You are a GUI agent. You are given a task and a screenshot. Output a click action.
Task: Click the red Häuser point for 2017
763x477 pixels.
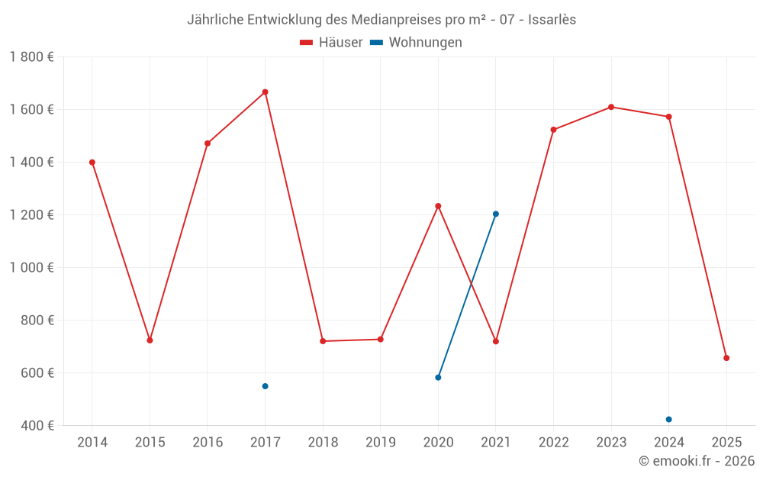265,92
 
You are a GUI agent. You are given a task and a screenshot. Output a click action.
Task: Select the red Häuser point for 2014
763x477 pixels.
92,163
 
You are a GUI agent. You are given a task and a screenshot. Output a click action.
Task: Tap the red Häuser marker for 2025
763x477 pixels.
726,358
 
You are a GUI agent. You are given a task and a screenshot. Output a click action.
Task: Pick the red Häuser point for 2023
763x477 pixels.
611,107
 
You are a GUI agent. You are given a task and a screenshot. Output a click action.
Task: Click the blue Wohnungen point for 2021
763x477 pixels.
496,214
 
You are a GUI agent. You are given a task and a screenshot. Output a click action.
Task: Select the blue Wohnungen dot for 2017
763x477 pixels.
265,386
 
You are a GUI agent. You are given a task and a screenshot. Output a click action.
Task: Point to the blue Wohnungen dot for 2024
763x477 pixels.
668,419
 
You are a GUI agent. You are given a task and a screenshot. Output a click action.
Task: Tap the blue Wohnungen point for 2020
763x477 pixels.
438,377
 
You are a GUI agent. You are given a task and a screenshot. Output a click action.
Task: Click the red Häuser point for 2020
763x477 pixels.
438,206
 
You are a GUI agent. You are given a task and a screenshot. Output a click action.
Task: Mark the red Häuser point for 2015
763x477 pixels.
150,340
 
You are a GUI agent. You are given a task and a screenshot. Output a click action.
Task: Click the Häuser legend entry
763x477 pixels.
331,43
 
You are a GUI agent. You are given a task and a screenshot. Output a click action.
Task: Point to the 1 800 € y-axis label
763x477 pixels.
32,57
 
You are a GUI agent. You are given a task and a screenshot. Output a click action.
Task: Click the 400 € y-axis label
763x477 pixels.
37,426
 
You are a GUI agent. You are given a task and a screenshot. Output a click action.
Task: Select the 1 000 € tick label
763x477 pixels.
32,268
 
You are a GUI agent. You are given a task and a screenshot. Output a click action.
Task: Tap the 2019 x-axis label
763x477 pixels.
380,443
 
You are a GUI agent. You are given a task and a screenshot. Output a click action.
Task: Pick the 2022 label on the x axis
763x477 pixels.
553,443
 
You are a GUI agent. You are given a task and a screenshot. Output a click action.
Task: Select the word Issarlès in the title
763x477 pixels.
552,20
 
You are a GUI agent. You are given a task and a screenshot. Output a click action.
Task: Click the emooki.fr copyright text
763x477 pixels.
697,461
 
